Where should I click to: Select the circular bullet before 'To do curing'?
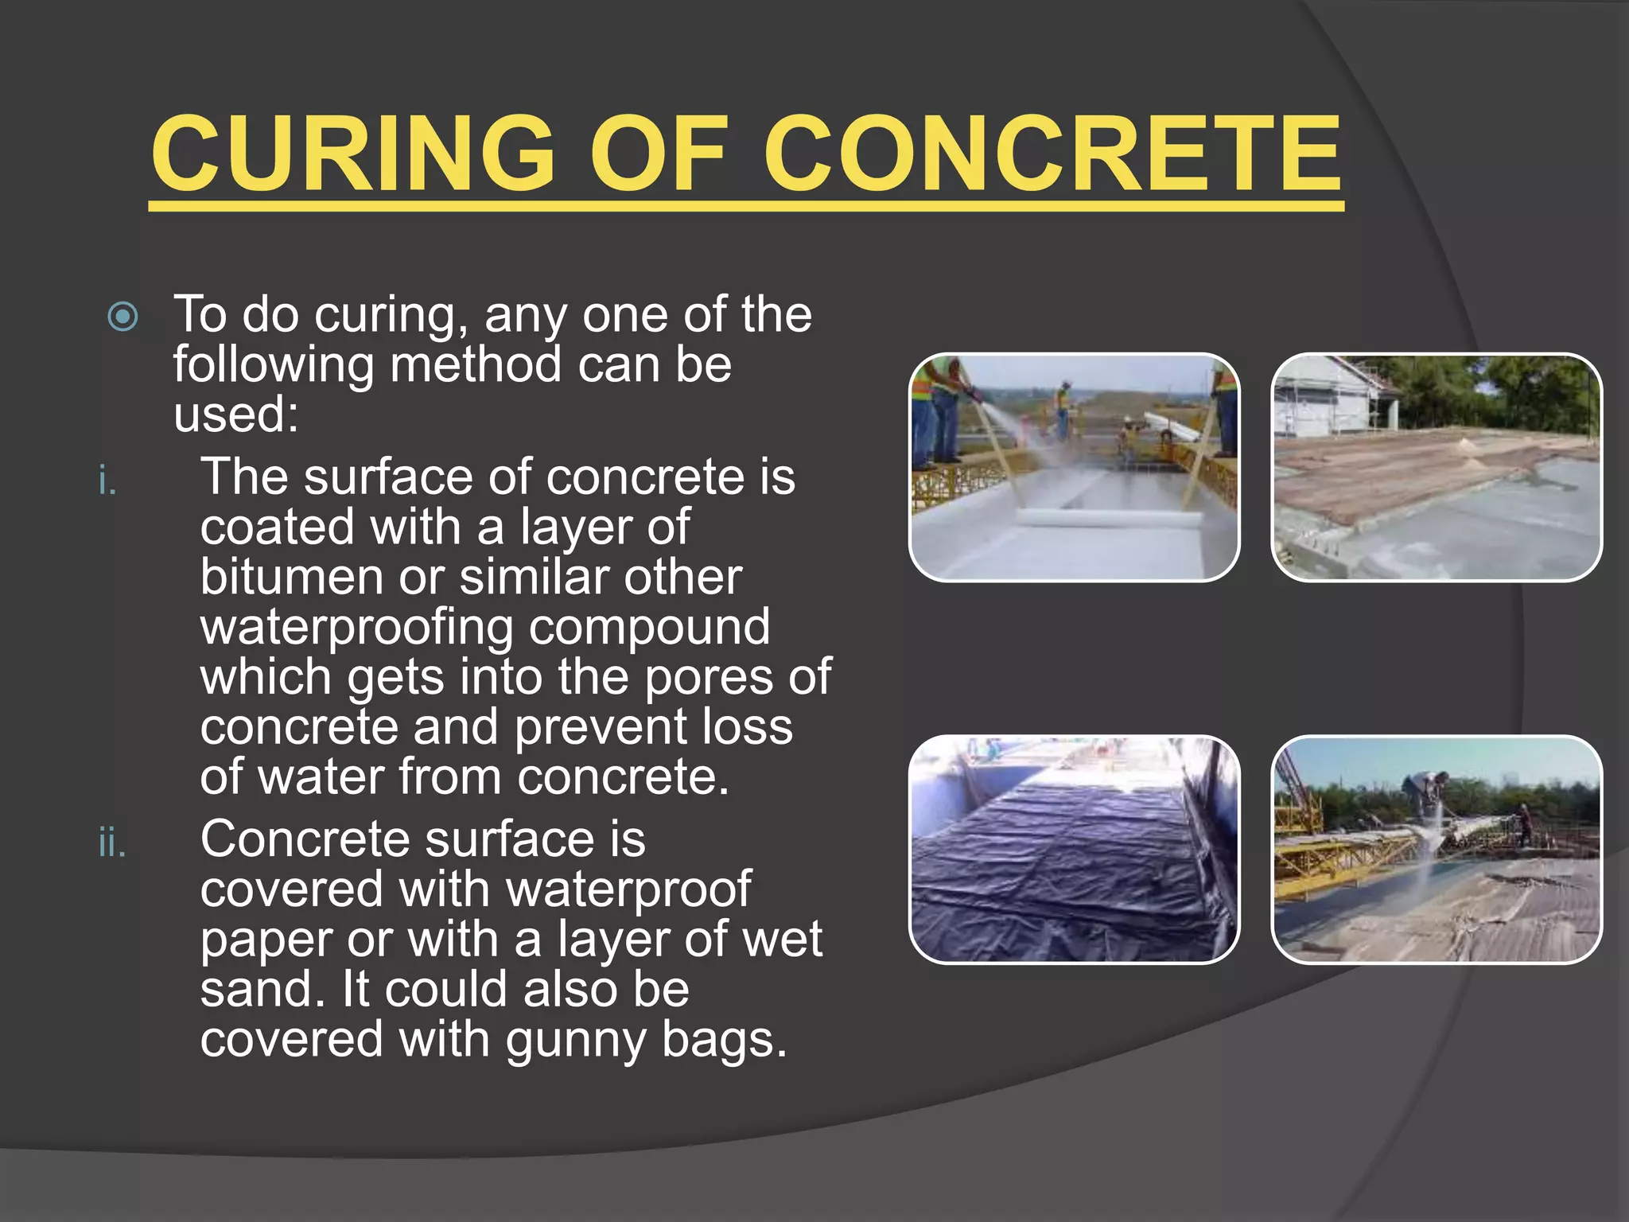tap(123, 317)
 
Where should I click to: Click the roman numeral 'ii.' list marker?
tap(112, 843)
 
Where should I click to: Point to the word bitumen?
tap(290, 577)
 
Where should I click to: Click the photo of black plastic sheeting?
tap(1073, 849)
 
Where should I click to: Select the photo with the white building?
tap(1436, 467)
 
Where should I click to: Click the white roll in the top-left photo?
tap(1110, 518)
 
